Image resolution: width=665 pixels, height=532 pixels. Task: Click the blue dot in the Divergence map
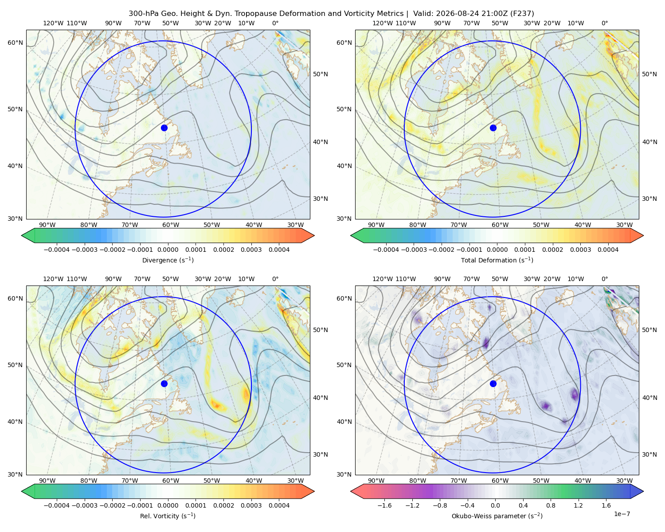click(x=164, y=128)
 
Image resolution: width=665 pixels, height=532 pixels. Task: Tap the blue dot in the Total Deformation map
click(x=493, y=128)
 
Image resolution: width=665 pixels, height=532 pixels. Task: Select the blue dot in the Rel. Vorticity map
click(x=164, y=383)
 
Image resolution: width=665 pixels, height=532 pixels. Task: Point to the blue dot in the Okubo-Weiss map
click(x=493, y=383)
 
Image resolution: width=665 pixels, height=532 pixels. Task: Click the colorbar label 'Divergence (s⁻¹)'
click(x=168, y=260)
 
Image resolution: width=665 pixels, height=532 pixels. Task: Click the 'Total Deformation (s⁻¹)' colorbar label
click(x=497, y=260)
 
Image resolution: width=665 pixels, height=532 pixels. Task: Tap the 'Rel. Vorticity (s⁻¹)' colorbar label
click(x=168, y=516)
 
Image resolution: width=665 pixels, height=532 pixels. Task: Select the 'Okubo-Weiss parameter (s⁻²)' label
click(x=497, y=516)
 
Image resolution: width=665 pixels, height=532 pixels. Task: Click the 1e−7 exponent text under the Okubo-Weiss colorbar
click(x=622, y=514)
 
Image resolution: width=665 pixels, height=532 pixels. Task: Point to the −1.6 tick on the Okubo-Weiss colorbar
click(x=384, y=505)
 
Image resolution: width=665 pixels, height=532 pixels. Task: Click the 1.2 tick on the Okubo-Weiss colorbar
click(x=578, y=505)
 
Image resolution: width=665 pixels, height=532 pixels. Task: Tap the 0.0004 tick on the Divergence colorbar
click(x=279, y=250)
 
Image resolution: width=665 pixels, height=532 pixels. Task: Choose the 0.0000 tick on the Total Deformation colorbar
click(x=497, y=250)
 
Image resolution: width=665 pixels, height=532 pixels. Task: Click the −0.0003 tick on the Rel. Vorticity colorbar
click(x=84, y=505)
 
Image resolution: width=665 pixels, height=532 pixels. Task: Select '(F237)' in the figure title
click(x=522, y=14)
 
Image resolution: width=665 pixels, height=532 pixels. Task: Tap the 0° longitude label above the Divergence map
click(x=275, y=23)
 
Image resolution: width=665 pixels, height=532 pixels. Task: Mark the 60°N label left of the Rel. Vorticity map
click(x=15, y=298)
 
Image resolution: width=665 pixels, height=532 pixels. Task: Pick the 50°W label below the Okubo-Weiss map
click(x=541, y=481)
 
